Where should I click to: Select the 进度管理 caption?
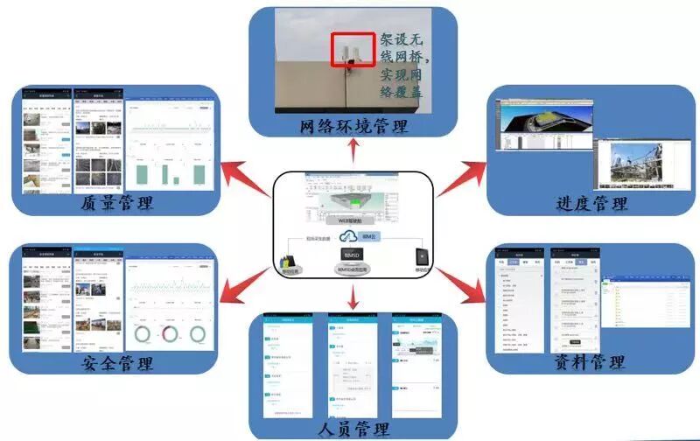tap(592, 204)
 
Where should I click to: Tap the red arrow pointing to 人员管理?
tap(353, 301)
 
